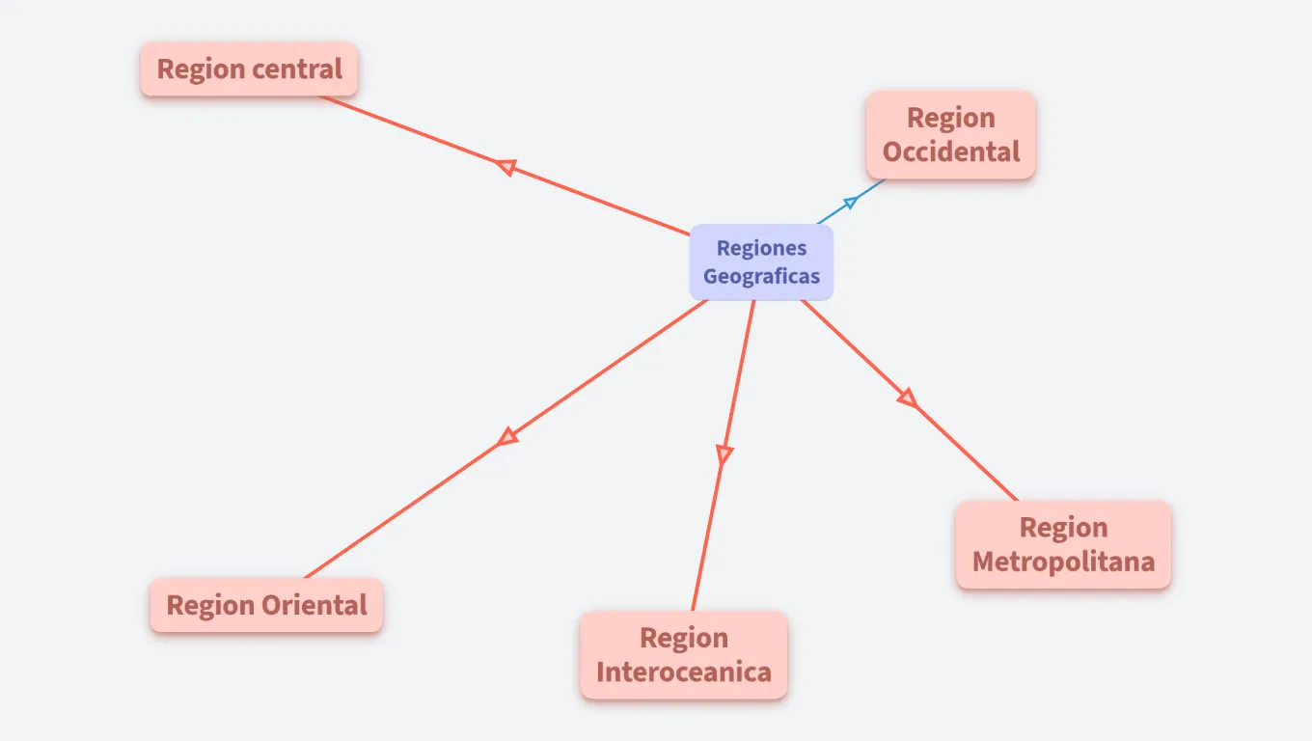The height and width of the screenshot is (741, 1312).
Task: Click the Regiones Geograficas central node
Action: tap(761, 262)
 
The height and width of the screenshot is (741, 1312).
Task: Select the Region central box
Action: tap(249, 69)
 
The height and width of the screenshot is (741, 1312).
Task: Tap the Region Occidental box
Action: tap(950, 135)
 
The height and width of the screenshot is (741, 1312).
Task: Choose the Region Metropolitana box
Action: tap(1063, 544)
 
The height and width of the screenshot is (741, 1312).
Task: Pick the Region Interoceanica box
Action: tap(683, 654)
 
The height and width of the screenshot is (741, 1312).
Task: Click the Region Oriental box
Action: tap(266, 605)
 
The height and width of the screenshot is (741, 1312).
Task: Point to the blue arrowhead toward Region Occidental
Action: tap(850, 202)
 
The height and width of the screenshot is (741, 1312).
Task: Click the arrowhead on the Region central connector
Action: tap(505, 167)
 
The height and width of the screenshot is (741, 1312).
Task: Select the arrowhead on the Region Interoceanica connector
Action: tap(724, 453)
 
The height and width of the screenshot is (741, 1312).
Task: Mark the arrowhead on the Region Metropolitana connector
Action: tap(907, 398)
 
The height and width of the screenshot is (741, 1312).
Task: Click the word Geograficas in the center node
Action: tap(761, 277)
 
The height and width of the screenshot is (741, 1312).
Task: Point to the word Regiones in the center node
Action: tap(761, 249)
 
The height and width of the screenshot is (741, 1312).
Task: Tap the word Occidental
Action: tap(950, 152)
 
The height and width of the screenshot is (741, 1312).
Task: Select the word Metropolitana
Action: tap(1063, 562)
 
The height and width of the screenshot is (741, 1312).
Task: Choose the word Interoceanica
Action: tap(683, 672)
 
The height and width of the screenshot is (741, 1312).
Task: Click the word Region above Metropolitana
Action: tap(1063, 528)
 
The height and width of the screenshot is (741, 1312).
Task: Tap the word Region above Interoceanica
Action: tap(683, 638)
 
